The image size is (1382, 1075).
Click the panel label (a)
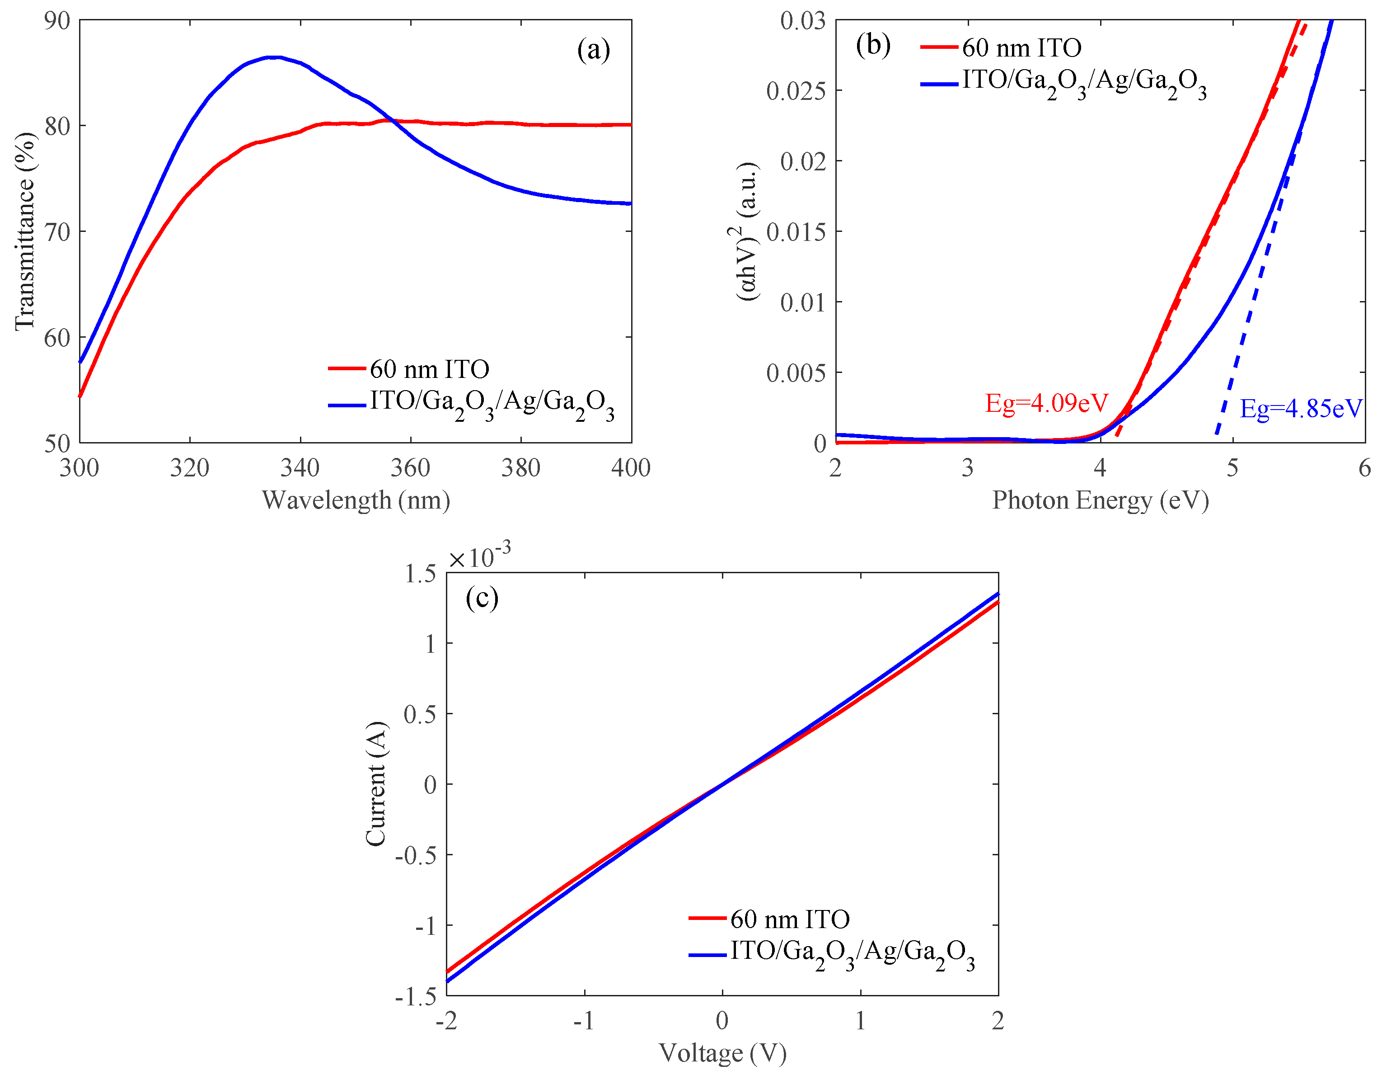pos(593,50)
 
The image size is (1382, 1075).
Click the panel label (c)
pos(482,598)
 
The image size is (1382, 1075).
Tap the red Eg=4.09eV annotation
pos(1047,403)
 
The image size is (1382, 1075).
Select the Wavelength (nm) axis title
pos(356,500)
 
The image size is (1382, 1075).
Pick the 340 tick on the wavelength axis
pos(300,468)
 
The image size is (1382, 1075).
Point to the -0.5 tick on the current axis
pos(416,855)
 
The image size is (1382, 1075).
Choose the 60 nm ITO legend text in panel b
pos(1021,47)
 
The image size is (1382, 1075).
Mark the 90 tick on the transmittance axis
pos(57,20)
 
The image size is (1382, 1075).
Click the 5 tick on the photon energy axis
pos(1232,468)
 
